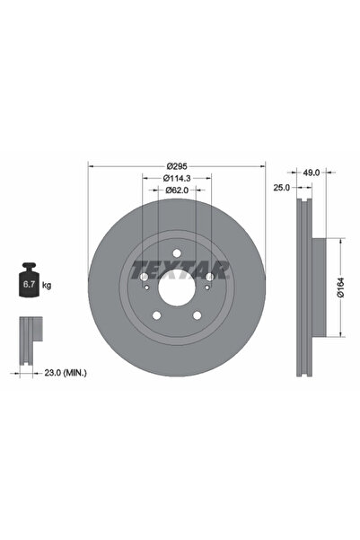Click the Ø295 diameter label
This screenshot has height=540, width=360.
point(176,167)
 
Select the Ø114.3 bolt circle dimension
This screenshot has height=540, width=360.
point(176,178)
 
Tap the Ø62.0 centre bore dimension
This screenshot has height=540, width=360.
point(176,190)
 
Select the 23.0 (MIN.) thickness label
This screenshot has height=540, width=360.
point(68,371)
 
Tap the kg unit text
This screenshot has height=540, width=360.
point(47,285)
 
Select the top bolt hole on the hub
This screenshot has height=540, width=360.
point(176,253)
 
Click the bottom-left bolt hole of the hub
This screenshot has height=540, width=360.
point(155,315)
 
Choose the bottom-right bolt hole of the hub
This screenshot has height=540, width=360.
point(198,315)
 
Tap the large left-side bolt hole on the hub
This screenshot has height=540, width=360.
point(145,278)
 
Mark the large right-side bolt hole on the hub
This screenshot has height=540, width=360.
point(208,278)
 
